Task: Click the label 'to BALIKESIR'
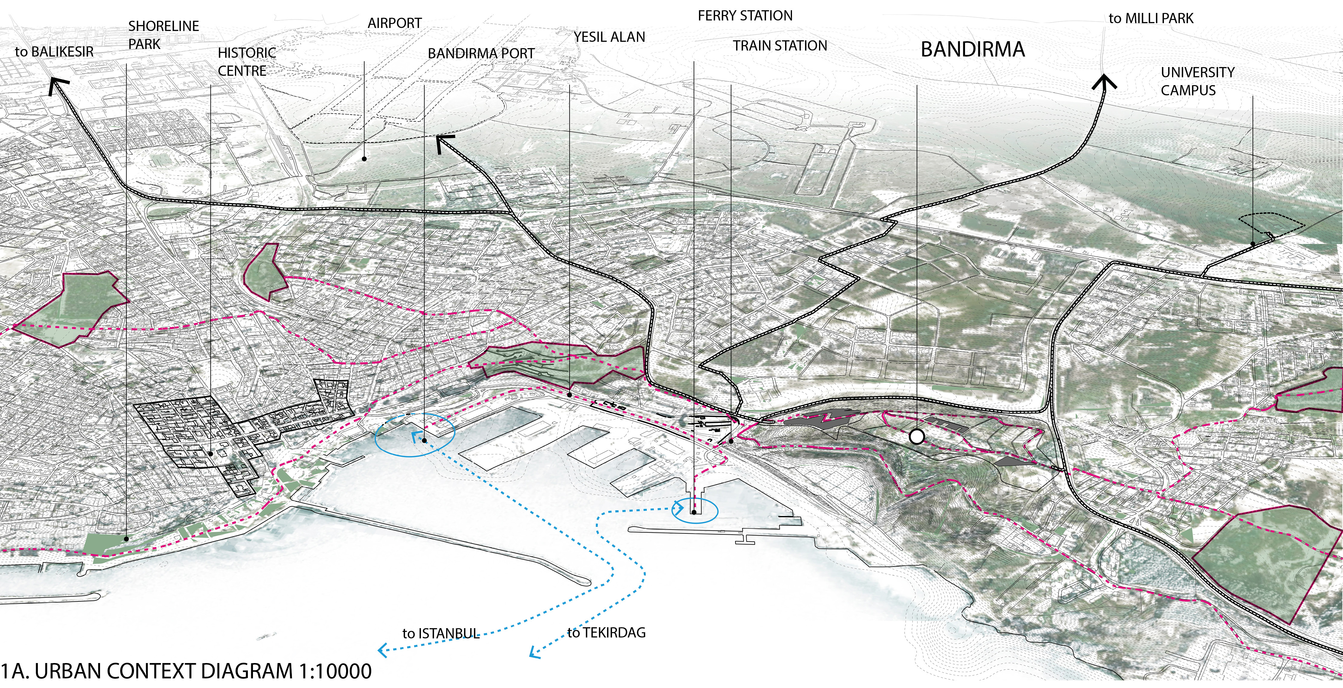[x=54, y=52]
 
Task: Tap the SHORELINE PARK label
[x=163, y=35]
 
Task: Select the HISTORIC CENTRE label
[x=246, y=62]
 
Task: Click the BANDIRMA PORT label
[x=481, y=54]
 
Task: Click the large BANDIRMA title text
[x=972, y=50]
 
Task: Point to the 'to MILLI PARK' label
[x=1151, y=19]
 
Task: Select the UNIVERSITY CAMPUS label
[x=1197, y=81]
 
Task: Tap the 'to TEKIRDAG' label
[x=606, y=633]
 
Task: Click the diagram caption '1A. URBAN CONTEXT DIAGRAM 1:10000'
[x=186, y=671]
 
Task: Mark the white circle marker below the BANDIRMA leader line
[x=917, y=437]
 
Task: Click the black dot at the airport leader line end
[x=364, y=158]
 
